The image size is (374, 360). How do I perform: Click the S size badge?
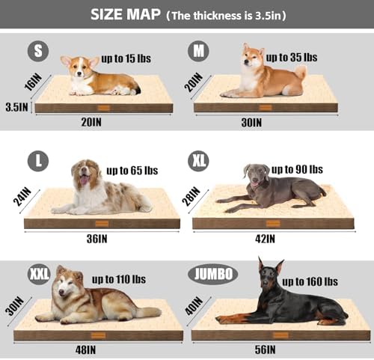click(x=38, y=51)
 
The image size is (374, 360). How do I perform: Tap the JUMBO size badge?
click(x=212, y=274)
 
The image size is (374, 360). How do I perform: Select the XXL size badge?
click(x=39, y=274)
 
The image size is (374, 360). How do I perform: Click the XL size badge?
click(x=198, y=161)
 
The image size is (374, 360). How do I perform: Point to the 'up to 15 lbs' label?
click(x=126, y=58)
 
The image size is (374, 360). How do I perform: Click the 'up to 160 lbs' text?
click(x=310, y=281)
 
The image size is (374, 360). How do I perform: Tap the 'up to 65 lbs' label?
click(x=132, y=171)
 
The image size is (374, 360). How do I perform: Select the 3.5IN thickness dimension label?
click(x=16, y=107)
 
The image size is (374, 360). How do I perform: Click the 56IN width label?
click(x=265, y=350)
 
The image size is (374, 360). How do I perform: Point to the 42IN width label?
click(x=265, y=239)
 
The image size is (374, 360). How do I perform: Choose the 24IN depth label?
click(x=22, y=197)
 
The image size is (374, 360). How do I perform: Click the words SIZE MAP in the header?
click(x=126, y=14)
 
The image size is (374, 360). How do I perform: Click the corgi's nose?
click(x=79, y=73)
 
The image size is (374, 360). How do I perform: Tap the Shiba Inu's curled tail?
click(x=300, y=72)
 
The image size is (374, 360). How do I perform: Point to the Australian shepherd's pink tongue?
click(x=84, y=180)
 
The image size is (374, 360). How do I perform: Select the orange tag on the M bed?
click(x=266, y=108)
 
